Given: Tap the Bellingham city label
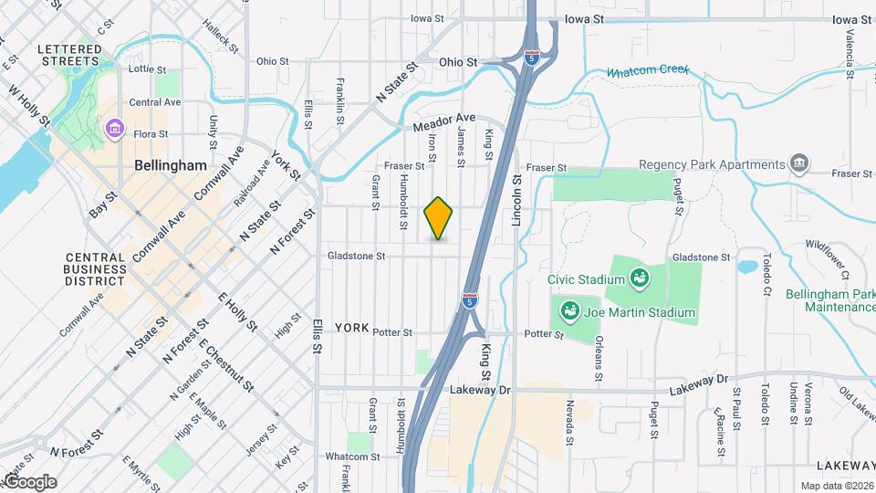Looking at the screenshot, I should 171,166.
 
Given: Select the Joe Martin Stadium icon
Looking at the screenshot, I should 570,312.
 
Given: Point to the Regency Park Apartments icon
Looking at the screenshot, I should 799,164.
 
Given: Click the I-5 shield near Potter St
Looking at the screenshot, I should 468,300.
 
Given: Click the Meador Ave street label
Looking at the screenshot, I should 444,119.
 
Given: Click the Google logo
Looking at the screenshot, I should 29,481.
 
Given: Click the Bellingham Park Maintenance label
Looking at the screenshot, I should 839,300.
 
